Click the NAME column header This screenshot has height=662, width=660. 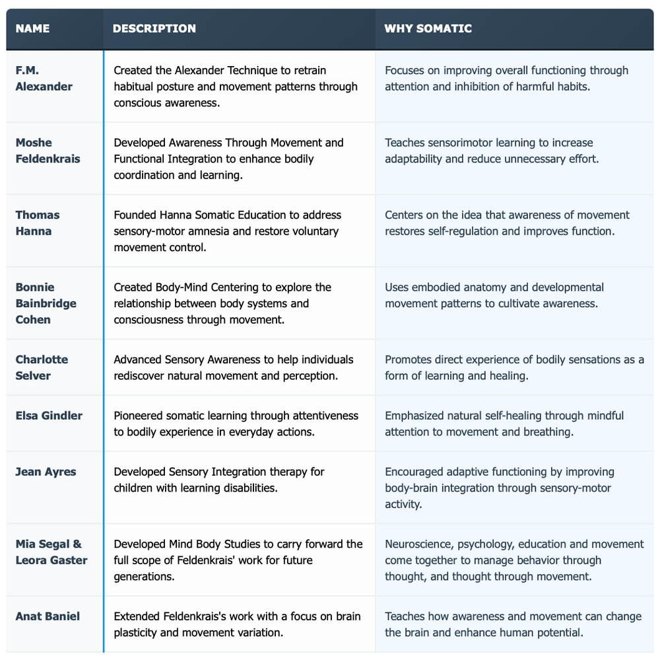[x=32, y=28]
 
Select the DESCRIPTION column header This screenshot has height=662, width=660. [x=154, y=28]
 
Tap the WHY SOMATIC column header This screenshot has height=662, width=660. [x=428, y=28]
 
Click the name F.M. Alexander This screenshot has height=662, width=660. [x=44, y=79]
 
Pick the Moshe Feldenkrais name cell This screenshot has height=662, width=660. [x=48, y=151]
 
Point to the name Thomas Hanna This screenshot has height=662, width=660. [x=38, y=223]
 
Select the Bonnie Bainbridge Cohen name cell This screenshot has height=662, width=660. [x=46, y=303]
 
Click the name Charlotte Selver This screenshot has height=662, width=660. [x=42, y=367]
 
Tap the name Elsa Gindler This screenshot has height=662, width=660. [x=49, y=416]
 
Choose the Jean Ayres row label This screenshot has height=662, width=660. [x=46, y=472]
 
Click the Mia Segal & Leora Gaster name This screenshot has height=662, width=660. [x=51, y=552]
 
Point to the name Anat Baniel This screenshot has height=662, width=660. [x=48, y=616]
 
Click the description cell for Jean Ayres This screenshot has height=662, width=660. [x=219, y=480]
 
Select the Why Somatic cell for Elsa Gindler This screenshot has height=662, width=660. [x=504, y=423]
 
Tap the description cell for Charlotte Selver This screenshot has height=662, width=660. [x=234, y=367]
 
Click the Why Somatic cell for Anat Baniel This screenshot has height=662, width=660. [x=513, y=624]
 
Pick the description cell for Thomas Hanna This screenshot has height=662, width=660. [x=226, y=231]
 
